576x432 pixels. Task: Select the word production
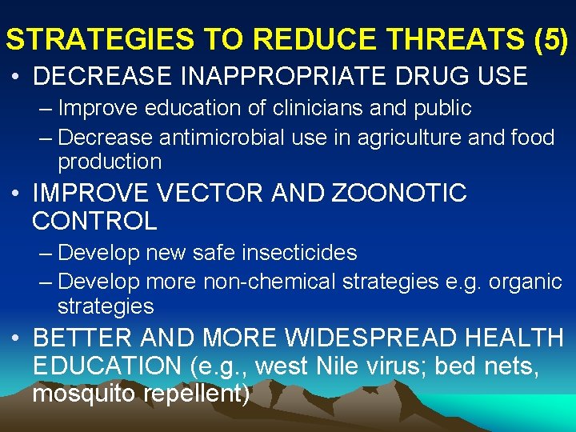110,161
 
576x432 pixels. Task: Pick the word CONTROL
94,220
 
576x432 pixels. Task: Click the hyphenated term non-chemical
270,282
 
